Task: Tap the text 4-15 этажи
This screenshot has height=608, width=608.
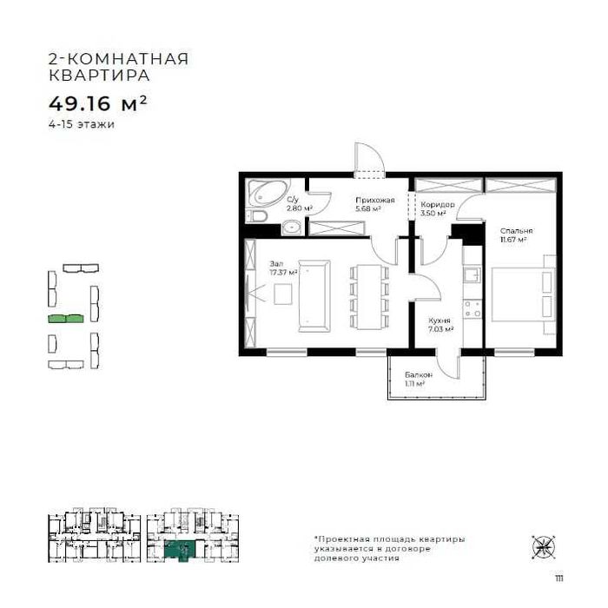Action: coord(82,124)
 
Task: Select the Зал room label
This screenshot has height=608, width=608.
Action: coord(276,262)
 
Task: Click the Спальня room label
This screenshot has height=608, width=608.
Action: coord(515,230)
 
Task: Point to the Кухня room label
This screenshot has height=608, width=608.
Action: coord(438,321)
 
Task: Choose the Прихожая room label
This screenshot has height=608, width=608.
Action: coord(374,201)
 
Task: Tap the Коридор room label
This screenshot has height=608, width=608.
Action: coord(432,205)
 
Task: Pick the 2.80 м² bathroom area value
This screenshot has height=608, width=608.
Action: coord(299,209)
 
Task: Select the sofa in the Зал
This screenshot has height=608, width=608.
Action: coord(313,295)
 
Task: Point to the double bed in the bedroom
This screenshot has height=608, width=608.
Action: coord(520,294)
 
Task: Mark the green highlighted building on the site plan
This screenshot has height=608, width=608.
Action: coord(66,320)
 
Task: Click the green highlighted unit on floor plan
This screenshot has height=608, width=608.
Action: coord(182,549)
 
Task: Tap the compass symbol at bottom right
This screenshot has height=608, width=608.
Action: coord(544,546)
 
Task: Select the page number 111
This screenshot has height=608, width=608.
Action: coord(545,576)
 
